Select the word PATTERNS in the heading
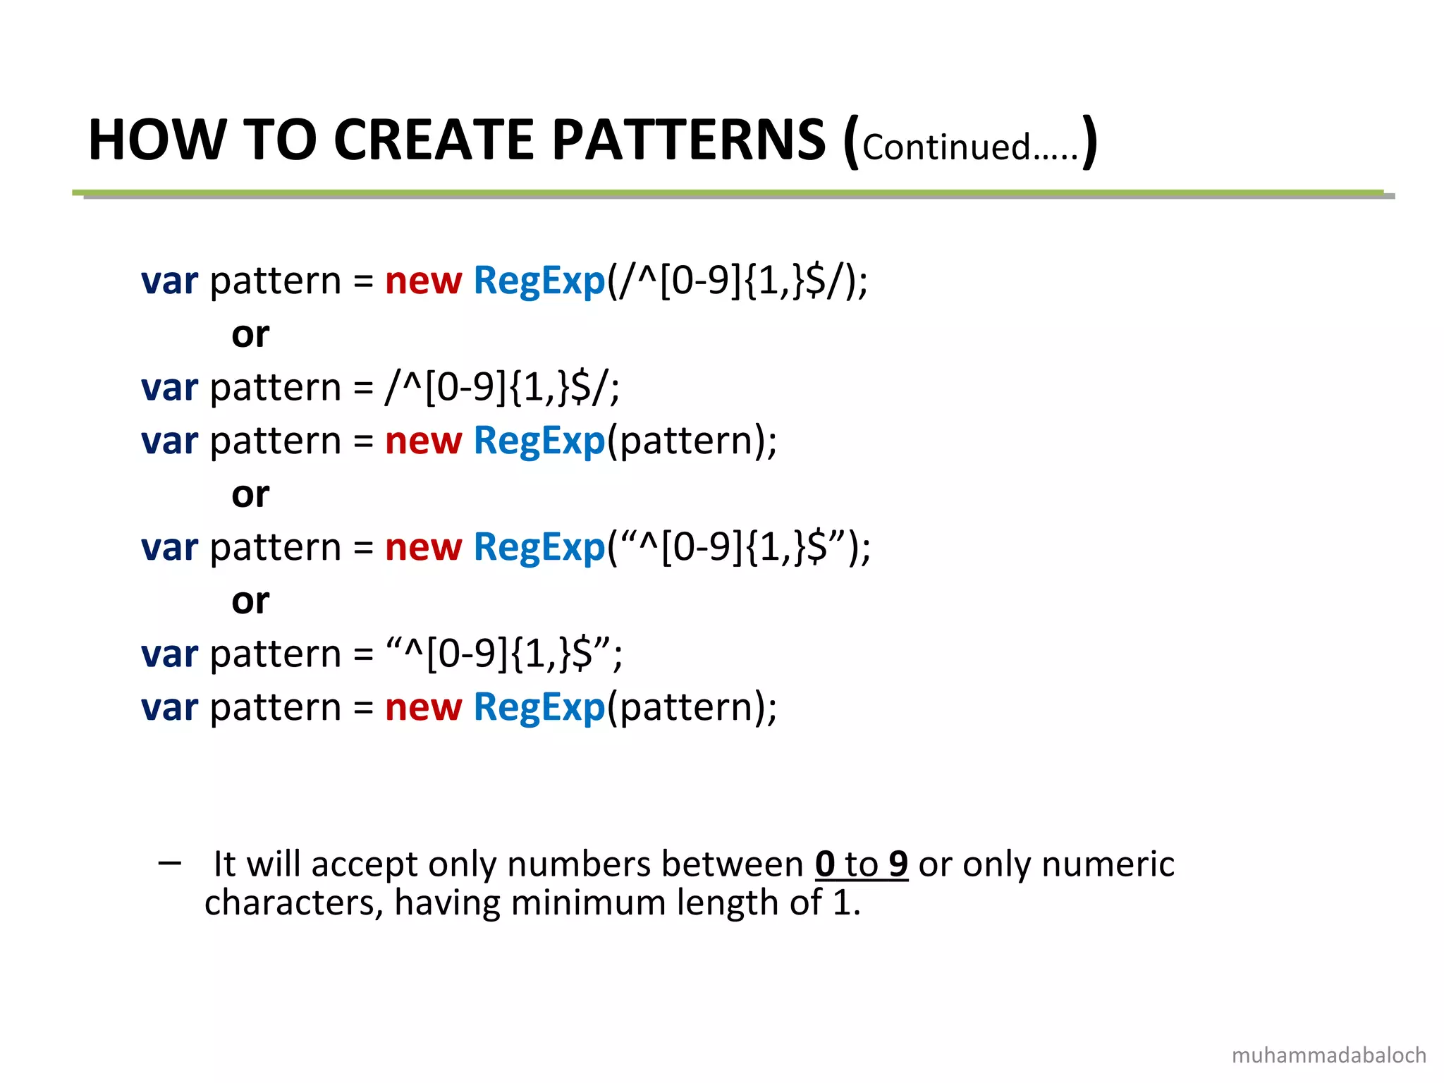pos(689,140)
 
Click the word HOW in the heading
pos(156,140)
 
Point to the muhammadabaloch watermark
pos(1328,1055)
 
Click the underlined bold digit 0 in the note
pos(825,864)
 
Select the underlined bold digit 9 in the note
pos(898,864)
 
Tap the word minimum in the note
pos(588,902)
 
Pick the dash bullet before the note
pos(170,862)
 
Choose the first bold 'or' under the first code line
pos(250,334)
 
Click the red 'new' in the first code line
pos(423,281)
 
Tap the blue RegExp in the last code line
pos(539,707)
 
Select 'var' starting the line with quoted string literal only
pos(169,654)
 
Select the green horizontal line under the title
pos(726,192)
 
